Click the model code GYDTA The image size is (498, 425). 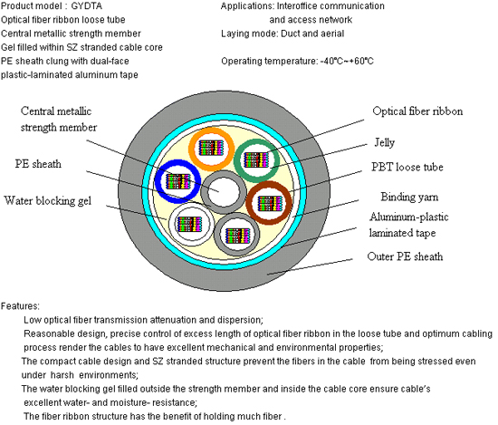coord(87,5)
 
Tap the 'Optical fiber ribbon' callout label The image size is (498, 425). coord(417,111)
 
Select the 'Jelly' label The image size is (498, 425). coord(384,142)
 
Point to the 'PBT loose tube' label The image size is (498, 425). coord(407,167)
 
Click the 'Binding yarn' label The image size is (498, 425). coord(409,197)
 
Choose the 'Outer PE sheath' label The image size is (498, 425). coord(405,256)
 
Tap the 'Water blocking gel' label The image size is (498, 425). coord(48,201)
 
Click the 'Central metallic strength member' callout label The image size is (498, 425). coord(59,120)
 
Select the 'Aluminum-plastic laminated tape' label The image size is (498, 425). coord(408,225)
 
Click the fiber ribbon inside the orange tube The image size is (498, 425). coord(211,148)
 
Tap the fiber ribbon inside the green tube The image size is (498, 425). coord(256,159)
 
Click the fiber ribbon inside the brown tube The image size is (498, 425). coord(270,203)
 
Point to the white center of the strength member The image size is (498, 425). coord(224,192)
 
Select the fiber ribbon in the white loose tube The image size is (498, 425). coord(189,224)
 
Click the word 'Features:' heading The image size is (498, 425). coord(20,306)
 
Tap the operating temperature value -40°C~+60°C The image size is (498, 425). coord(347,61)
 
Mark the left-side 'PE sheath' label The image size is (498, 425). coord(38,164)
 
